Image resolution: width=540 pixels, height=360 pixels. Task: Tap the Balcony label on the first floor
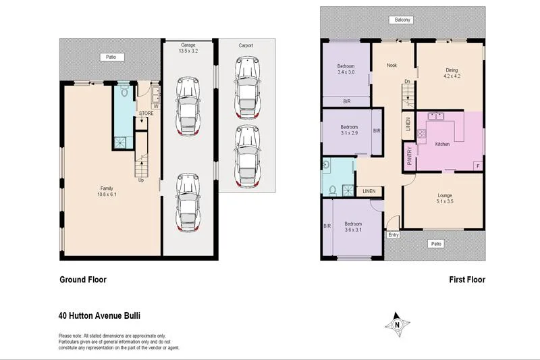coord(403,20)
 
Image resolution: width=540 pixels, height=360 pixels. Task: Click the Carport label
coord(246,46)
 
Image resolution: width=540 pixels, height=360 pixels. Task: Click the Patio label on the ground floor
coord(109,57)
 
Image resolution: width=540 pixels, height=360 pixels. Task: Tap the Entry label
coord(393,235)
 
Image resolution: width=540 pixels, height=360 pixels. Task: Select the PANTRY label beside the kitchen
coord(409,156)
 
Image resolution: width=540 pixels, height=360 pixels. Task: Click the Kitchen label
coord(443,145)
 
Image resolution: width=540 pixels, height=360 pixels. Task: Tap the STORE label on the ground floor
coord(146,113)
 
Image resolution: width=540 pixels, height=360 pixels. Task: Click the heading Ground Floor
coord(83,280)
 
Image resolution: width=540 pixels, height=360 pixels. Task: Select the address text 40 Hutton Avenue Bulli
coord(99,315)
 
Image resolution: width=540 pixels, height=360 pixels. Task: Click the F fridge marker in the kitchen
coord(477,165)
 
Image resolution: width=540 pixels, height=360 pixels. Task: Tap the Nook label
coord(391,66)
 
